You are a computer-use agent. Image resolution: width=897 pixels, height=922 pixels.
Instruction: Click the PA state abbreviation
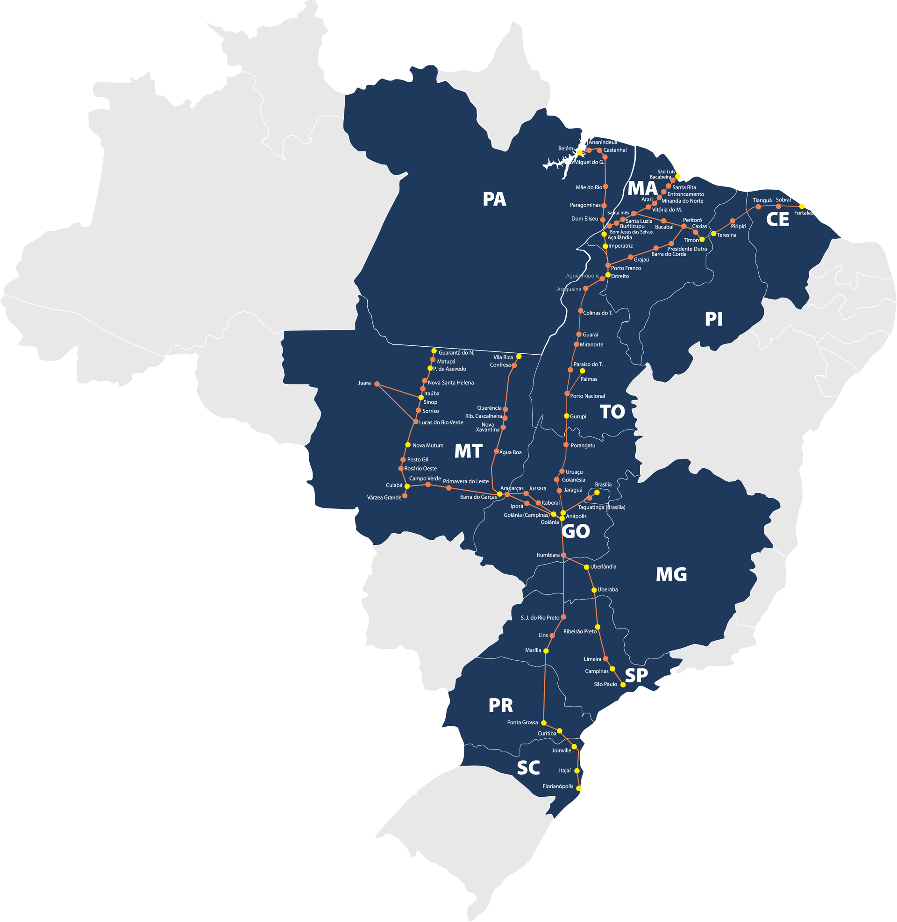click(494, 199)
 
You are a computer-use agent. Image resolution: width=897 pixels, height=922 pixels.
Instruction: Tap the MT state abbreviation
click(468, 451)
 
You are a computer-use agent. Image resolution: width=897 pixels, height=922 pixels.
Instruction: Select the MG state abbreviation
click(671, 575)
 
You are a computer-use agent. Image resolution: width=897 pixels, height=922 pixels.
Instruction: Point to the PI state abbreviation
click(714, 320)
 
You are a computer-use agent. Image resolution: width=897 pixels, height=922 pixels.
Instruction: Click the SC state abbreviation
click(528, 768)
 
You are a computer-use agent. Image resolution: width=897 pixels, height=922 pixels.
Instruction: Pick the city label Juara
click(364, 383)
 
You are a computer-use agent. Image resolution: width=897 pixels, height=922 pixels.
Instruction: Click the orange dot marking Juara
click(377, 384)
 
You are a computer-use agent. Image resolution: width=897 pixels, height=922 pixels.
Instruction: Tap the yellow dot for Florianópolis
click(579, 788)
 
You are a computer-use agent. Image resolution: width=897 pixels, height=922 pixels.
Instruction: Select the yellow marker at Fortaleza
click(802, 207)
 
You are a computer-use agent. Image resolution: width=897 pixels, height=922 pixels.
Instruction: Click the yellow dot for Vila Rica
click(519, 356)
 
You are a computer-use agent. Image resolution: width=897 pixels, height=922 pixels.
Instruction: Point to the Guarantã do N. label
click(456, 352)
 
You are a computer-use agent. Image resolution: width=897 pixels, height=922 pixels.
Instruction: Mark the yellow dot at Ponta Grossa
click(544, 723)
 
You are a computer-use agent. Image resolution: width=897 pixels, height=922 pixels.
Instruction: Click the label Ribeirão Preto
click(580, 631)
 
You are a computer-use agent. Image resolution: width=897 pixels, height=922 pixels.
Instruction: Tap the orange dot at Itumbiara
click(563, 555)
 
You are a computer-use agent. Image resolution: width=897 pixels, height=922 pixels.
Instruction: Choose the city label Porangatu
click(583, 445)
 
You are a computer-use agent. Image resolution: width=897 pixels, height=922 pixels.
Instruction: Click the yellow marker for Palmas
click(582, 371)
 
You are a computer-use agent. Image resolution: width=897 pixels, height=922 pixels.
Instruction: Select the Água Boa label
click(510, 452)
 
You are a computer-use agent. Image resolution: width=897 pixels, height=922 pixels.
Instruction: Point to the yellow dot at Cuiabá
click(407, 486)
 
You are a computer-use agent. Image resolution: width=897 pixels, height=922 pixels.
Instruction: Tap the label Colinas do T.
click(598, 313)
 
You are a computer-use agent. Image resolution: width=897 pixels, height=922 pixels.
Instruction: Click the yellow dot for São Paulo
click(623, 685)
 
